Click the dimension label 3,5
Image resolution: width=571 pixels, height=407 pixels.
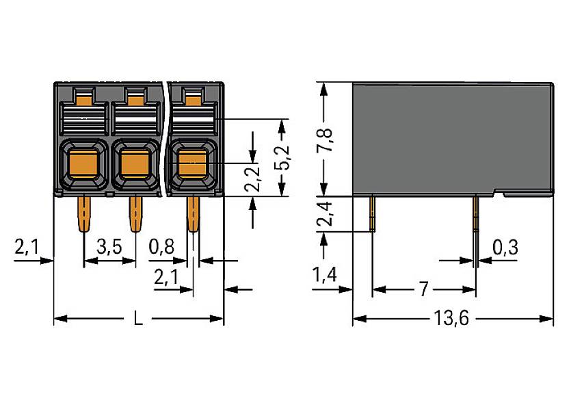click(109, 248)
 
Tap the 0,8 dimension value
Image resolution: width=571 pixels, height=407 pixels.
click(161, 248)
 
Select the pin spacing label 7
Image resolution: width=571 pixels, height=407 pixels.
click(423, 289)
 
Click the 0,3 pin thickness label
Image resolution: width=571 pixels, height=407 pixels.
click(505, 248)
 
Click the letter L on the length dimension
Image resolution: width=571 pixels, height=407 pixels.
click(138, 319)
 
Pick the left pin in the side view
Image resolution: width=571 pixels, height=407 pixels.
click(373, 212)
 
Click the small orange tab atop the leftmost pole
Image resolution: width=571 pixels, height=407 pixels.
click(82, 100)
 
